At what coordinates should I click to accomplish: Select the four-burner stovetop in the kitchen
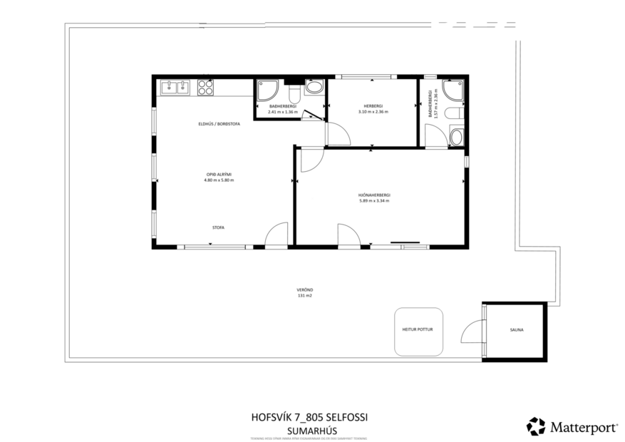[205, 87]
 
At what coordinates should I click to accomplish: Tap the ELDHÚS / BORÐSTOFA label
[219, 124]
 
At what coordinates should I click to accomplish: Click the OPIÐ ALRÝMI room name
[219, 175]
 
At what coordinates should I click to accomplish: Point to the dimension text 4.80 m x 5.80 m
[219, 180]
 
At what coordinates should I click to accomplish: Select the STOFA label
[218, 227]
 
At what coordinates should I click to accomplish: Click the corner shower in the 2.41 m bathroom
[269, 89]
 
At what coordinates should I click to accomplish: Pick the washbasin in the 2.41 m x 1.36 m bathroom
[314, 87]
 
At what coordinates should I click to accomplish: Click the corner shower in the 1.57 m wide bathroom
[453, 90]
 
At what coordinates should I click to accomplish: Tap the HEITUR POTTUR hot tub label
[418, 330]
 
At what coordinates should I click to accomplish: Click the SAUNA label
[516, 330]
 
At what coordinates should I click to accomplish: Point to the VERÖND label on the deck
[305, 289]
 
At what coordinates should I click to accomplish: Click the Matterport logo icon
[535, 426]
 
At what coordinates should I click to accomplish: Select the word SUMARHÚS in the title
[309, 431]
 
